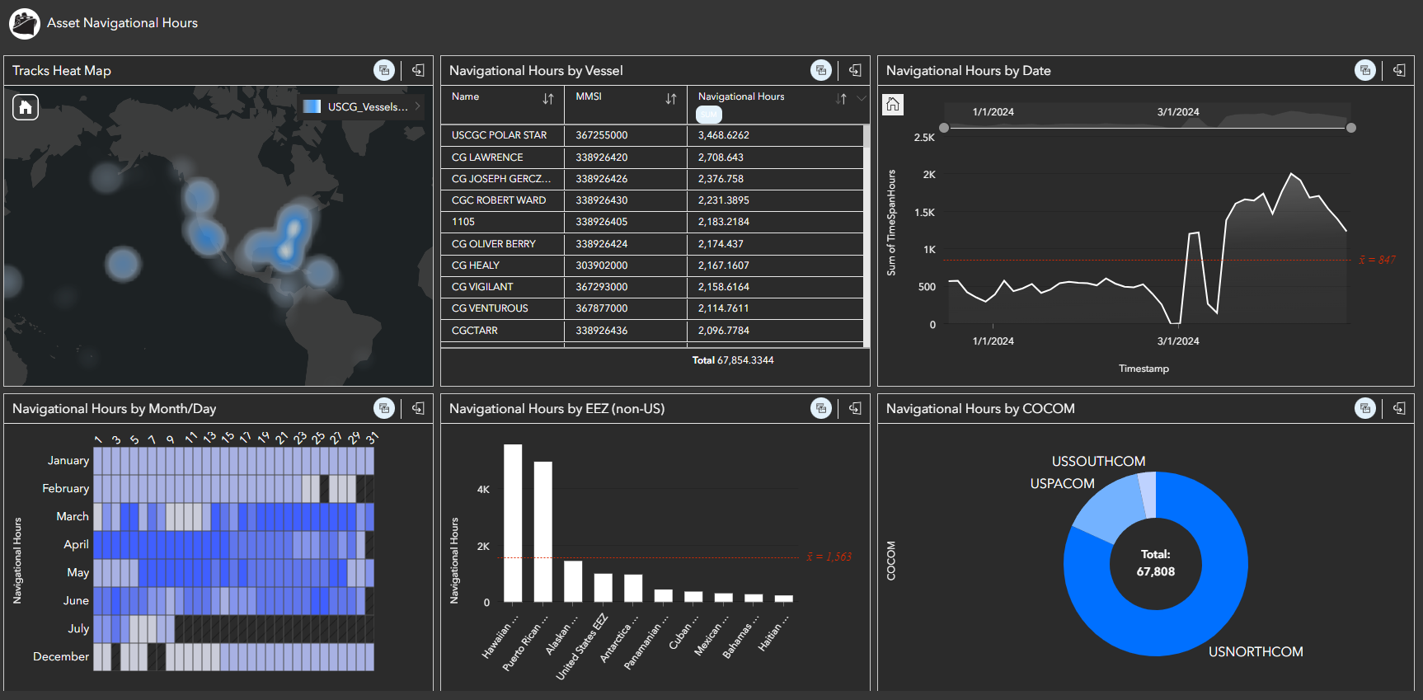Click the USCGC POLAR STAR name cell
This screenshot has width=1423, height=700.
[499, 135]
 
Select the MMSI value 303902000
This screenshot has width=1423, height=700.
[601, 265]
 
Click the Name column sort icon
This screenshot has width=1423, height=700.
[548, 99]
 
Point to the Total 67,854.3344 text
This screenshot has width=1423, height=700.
[733, 360]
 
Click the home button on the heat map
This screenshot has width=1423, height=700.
[26, 107]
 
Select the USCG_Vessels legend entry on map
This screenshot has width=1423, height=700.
[363, 106]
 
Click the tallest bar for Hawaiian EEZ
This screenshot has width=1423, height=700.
[513, 523]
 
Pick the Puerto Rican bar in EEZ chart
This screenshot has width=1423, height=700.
[542, 531]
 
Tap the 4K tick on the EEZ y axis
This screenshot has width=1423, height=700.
[483, 490]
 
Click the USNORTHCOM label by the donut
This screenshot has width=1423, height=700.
[1256, 651]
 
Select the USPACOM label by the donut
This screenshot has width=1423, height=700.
[1062, 484]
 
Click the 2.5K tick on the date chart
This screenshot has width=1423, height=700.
[924, 138]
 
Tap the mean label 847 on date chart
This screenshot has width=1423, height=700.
[1378, 260]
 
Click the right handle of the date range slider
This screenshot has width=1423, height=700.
[1350, 128]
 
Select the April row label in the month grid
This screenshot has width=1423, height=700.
[76, 545]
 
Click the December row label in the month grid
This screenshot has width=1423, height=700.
[61, 657]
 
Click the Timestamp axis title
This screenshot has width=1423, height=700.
[1144, 369]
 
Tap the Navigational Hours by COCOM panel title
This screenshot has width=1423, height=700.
[980, 409]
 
